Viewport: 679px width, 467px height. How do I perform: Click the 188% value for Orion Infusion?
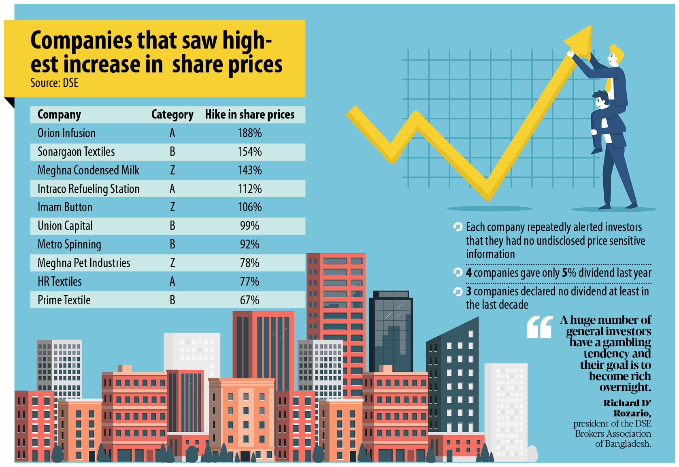tap(250, 133)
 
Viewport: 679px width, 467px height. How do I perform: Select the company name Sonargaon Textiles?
tap(76, 152)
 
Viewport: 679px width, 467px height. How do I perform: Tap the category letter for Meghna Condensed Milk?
tap(172, 170)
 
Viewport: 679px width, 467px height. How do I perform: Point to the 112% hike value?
tap(250, 189)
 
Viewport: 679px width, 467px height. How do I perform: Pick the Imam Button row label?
tap(65, 207)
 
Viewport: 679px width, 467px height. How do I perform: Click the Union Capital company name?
tap(65, 226)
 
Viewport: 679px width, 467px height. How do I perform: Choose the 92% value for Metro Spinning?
tap(249, 244)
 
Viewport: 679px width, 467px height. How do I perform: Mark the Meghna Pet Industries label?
tap(84, 263)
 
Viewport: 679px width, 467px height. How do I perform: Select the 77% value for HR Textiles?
tap(249, 282)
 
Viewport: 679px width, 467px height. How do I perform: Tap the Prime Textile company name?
tap(64, 300)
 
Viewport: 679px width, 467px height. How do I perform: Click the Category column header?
tap(172, 115)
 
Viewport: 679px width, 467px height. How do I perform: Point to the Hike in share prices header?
tap(249, 115)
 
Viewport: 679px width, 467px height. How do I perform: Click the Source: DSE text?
tap(54, 83)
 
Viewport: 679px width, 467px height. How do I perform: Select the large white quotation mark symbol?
tap(539, 327)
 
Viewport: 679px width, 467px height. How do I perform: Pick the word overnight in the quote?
tap(625, 387)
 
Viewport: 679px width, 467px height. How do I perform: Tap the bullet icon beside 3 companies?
tap(458, 292)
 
